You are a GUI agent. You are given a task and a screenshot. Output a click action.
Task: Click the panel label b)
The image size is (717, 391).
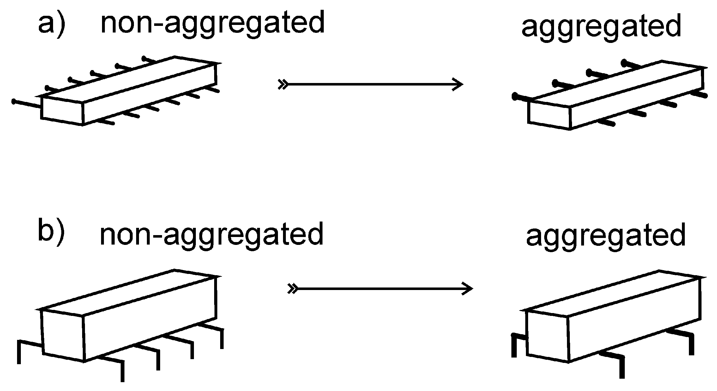(51, 231)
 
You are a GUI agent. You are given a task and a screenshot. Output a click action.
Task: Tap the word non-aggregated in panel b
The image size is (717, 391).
(212, 235)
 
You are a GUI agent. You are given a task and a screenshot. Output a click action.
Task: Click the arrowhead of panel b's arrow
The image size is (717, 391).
(468, 288)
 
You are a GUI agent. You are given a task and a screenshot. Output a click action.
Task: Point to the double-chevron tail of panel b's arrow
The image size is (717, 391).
(292, 288)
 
